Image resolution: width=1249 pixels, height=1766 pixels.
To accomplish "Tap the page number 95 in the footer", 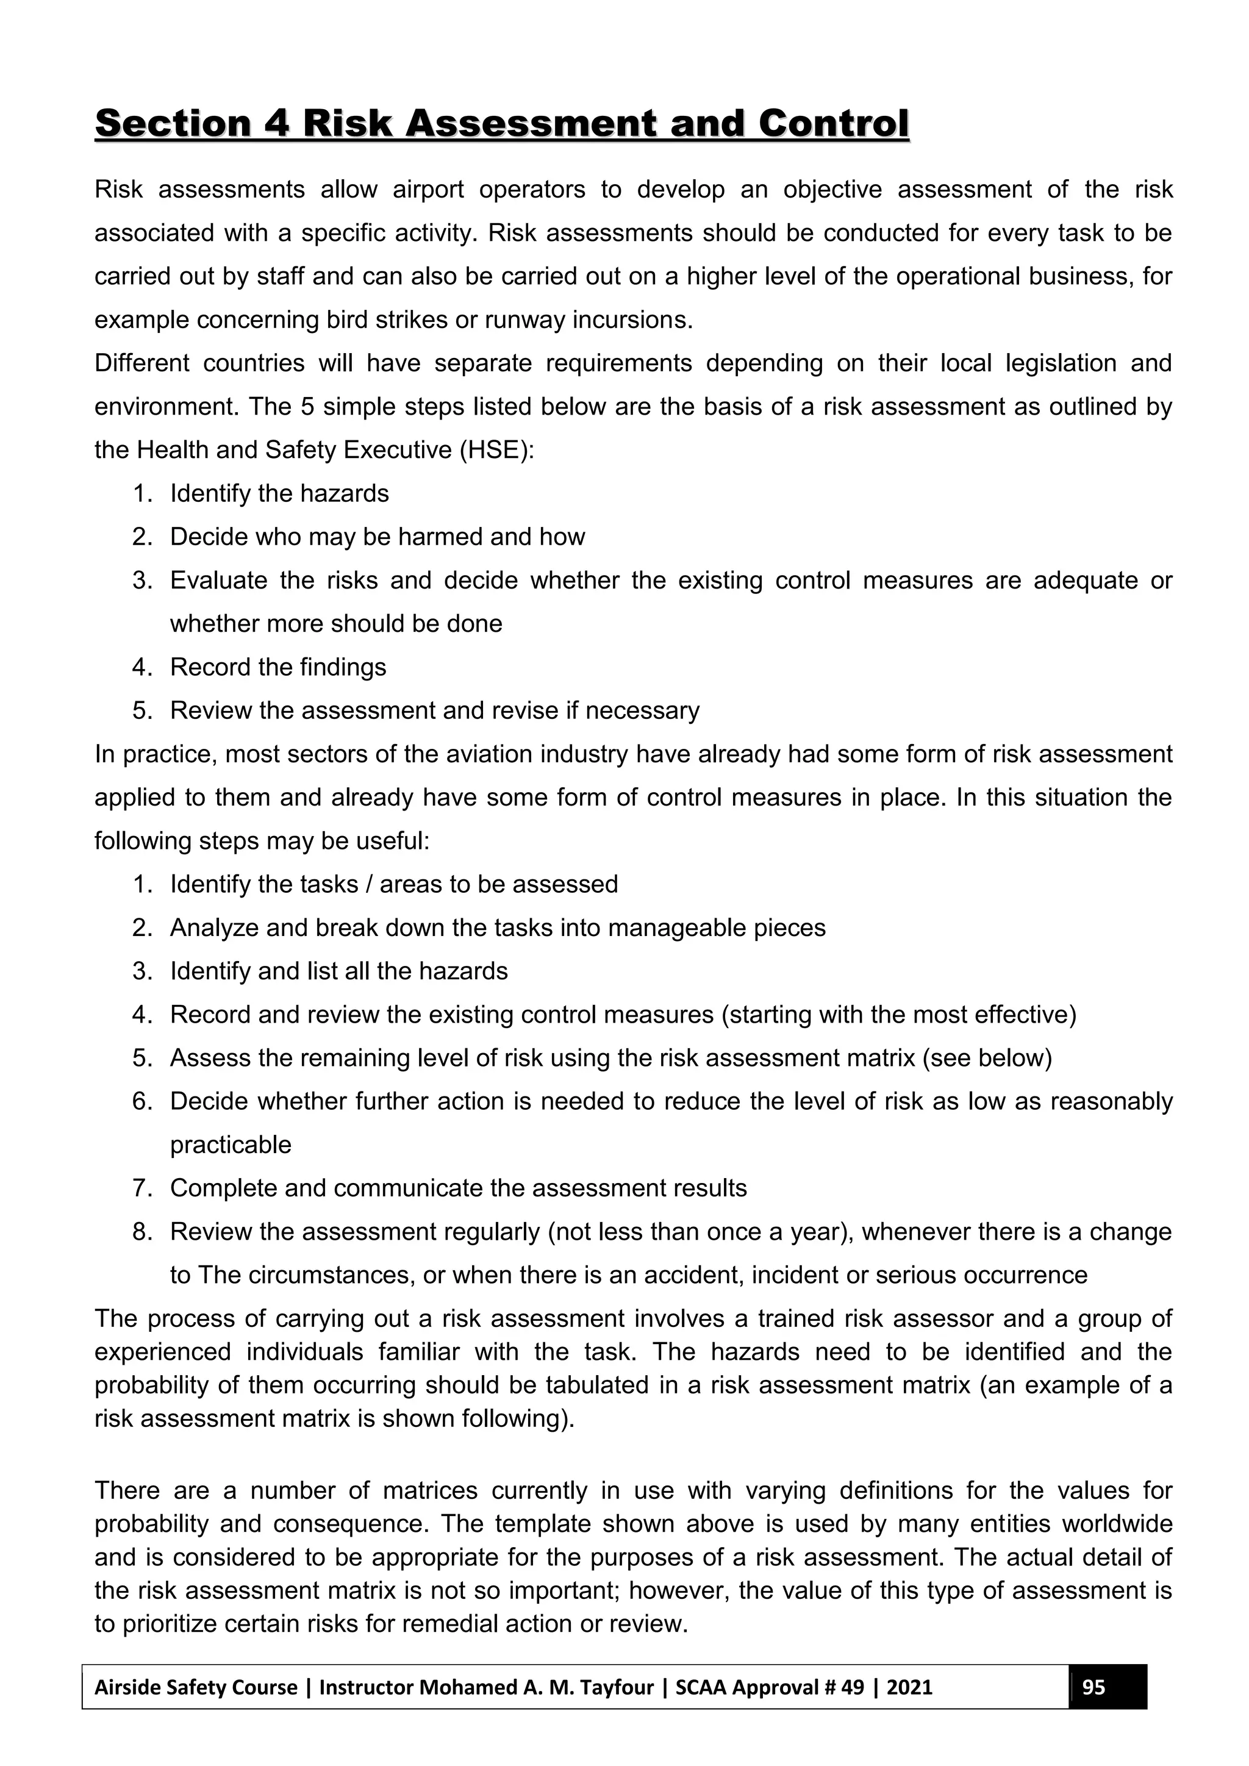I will click(x=1093, y=1687).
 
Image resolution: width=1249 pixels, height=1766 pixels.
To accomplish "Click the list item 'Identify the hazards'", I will click(x=279, y=493).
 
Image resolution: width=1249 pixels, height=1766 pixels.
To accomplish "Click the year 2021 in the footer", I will click(x=909, y=1687).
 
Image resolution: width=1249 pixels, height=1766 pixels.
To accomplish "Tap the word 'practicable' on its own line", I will click(x=231, y=1145).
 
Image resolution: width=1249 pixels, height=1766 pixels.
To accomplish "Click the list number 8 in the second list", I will click(x=141, y=1231).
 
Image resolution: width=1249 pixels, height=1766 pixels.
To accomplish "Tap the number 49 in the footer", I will click(x=852, y=1687).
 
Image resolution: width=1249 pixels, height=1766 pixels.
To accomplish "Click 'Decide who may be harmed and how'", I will click(x=377, y=537).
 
